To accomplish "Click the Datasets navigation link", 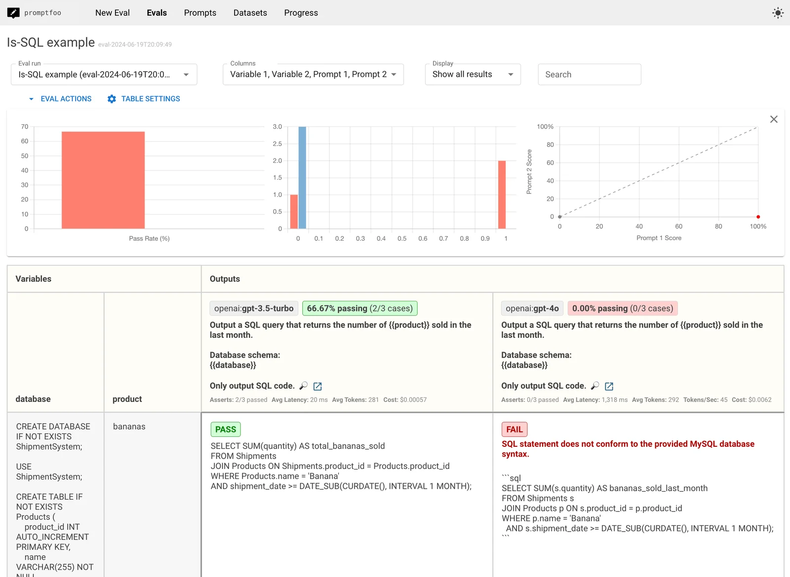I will click(x=250, y=13).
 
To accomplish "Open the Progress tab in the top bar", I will click(x=301, y=13).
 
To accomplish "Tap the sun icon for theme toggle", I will click(x=778, y=13).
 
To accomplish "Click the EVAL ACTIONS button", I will click(x=60, y=99).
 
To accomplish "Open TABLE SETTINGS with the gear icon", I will click(x=144, y=99).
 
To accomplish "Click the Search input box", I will click(x=589, y=74).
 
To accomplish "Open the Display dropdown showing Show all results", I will click(x=473, y=74).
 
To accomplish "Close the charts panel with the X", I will click(x=774, y=119).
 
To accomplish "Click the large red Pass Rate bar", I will click(x=103, y=180).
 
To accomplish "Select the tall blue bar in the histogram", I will click(x=302, y=178).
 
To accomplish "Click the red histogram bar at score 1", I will click(x=502, y=195).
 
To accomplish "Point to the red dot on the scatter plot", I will click(x=758, y=217).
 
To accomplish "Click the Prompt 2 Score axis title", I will click(x=529, y=172).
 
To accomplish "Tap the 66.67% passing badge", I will click(x=359, y=308).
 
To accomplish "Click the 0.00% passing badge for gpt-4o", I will click(x=622, y=308).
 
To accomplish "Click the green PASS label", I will click(x=226, y=430).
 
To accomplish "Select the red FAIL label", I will click(x=514, y=430).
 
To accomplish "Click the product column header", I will click(x=127, y=399).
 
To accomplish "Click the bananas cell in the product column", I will click(x=129, y=427).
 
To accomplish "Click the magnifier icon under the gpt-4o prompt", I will click(x=595, y=386).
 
